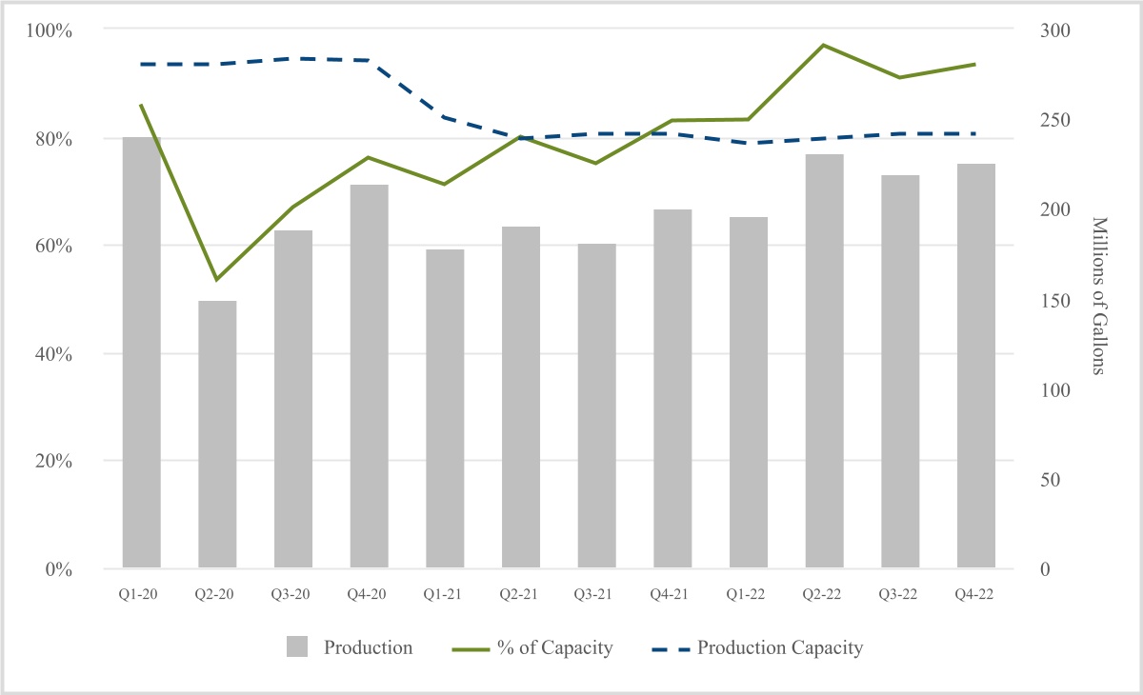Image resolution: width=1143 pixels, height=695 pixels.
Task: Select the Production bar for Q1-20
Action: [x=141, y=352]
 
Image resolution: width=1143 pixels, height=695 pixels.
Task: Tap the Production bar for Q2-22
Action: [x=824, y=362]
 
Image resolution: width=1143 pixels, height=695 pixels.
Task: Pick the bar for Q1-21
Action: [x=445, y=409]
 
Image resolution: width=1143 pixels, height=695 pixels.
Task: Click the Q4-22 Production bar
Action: [x=975, y=367]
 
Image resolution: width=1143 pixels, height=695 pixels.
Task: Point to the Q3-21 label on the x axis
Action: [x=596, y=593]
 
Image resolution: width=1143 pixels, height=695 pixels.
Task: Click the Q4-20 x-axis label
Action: [x=369, y=593]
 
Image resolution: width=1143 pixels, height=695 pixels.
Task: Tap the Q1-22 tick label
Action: [x=748, y=593]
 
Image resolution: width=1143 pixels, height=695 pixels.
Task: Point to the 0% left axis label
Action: [x=57, y=569]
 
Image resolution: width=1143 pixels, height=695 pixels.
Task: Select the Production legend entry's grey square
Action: [x=298, y=648]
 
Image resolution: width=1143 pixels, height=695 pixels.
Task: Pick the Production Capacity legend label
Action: [x=780, y=648]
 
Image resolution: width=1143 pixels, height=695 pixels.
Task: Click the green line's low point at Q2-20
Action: [x=217, y=280]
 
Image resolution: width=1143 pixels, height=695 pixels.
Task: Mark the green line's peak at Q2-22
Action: [x=824, y=45]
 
